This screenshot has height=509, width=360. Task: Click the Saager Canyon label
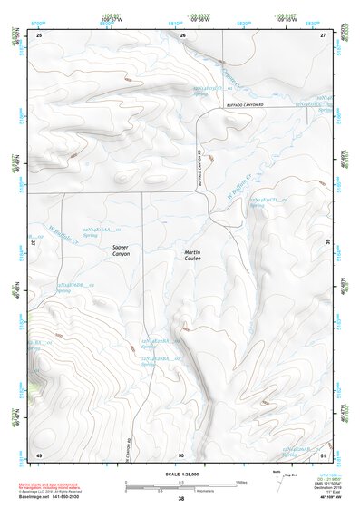pos(120,250)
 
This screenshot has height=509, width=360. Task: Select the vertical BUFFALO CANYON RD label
pos(198,169)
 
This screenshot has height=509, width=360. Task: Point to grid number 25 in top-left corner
pos(39,35)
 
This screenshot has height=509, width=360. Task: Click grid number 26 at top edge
pos(182,35)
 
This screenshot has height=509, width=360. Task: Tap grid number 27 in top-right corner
pos(322,35)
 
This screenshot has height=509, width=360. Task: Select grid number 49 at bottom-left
pos(39,454)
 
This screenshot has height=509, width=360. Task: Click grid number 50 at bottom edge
pos(181,454)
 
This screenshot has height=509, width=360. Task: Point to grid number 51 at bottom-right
pos(322,454)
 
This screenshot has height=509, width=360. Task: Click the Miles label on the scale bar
pos(240,482)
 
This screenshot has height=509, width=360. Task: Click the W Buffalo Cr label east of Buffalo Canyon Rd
pos(238,191)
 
